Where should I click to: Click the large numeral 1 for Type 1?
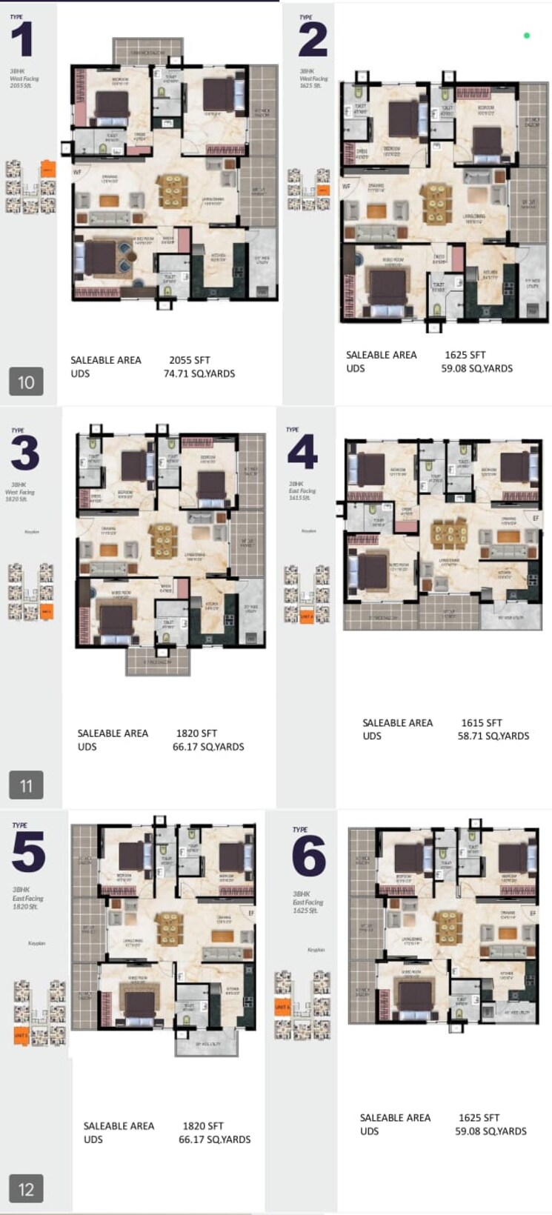click(x=22, y=40)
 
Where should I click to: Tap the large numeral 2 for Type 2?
click(x=313, y=40)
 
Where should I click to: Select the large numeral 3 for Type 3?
click(x=24, y=453)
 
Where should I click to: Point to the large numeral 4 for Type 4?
click(x=302, y=453)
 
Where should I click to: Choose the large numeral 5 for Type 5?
click(x=28, y=852)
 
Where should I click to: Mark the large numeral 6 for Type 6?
click(x=309, y=856)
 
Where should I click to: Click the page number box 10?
click(x=26, y=382)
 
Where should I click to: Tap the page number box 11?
click(x=26, y=785)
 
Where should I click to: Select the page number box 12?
click(x=26, y=1189)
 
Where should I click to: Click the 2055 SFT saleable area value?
click(x=190, y=360)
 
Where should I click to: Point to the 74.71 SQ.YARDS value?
click(x=199, y=373)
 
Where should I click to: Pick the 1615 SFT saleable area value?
click(x=482, y=722)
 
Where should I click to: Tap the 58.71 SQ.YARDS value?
click(x=493, y=736)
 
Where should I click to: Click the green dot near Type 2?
click(x=527, y=36)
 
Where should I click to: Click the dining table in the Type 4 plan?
click(x=449, y=533)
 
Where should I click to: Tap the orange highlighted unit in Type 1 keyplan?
click(x=47, y=169)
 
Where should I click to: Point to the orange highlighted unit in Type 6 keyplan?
click(x=282, y=1007)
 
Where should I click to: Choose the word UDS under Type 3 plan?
click(x=87, y=747)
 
